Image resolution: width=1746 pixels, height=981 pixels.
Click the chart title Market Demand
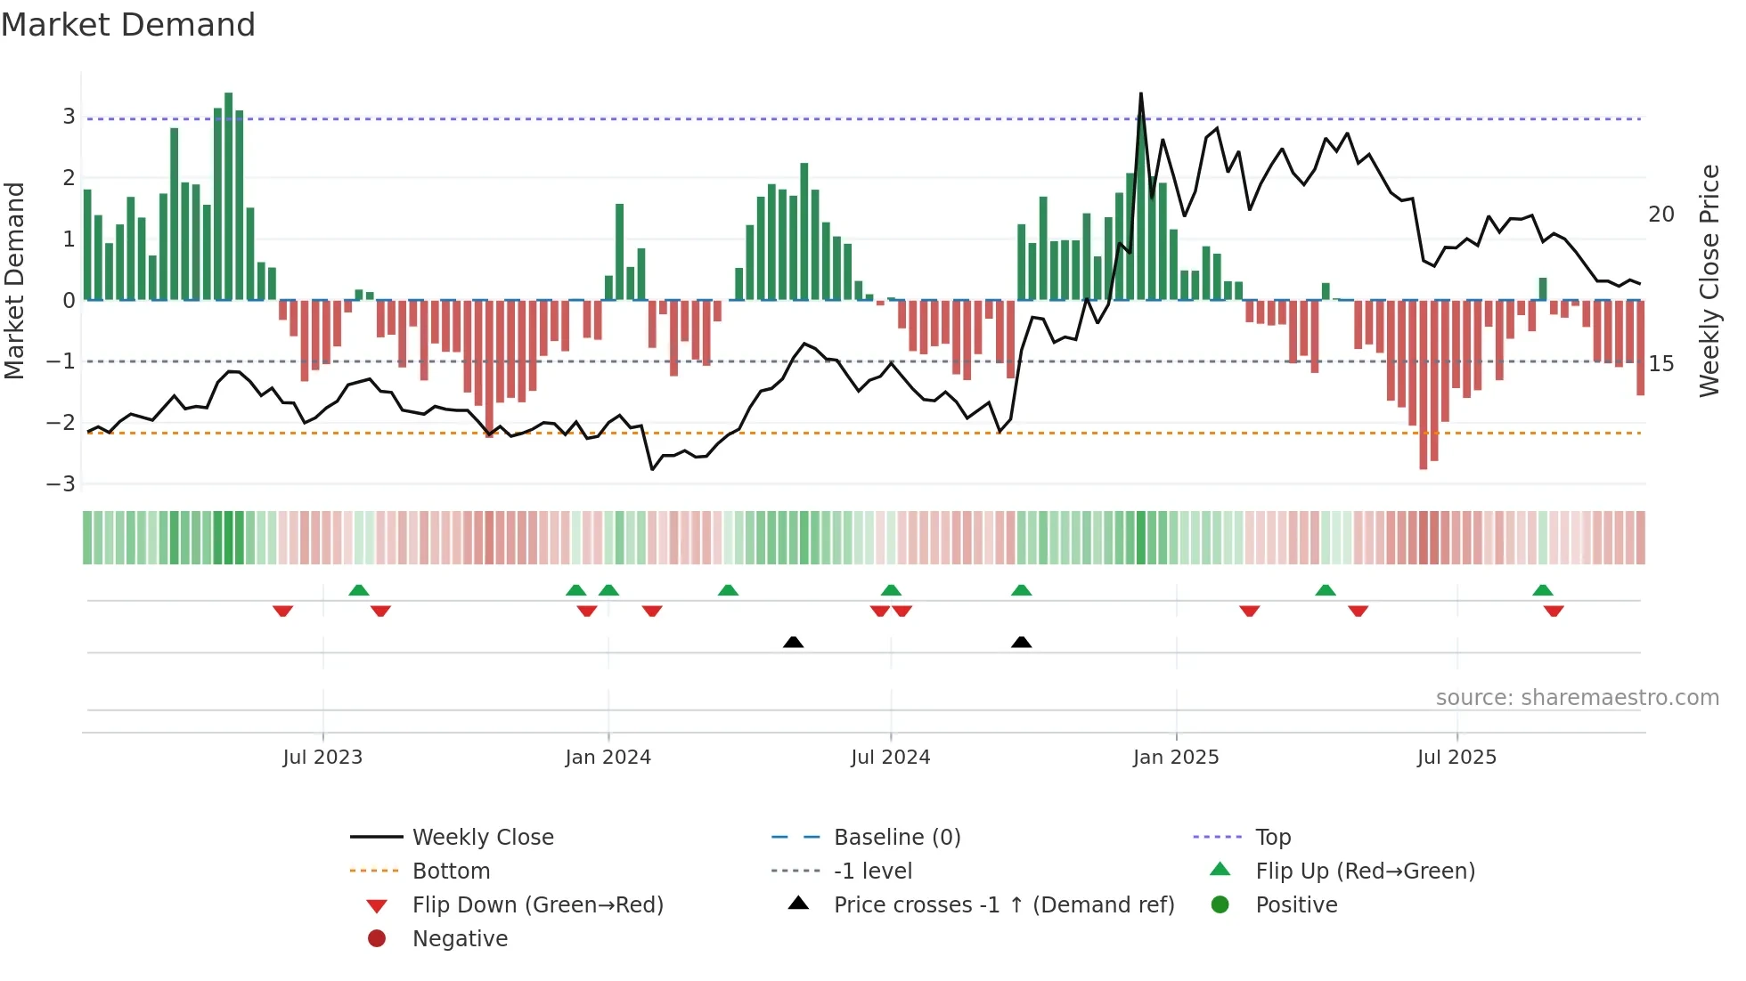point(128,25)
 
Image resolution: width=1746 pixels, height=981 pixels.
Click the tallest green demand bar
point(229,196)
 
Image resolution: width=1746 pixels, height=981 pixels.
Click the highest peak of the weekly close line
point(1141,94)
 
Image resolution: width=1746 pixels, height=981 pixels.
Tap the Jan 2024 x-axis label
point(608,758)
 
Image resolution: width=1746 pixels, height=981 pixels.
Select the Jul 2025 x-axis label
point(1456,758)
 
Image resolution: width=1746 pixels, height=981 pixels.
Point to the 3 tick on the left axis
point(69,117)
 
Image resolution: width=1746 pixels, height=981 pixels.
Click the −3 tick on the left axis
point(61,484)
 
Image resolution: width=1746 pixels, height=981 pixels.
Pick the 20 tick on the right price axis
point(1661,215)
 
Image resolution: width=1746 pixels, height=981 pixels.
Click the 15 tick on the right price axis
point(1661,364)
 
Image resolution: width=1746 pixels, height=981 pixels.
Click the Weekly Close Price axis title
point(1709,280)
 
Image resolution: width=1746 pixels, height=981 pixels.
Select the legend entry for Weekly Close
point(482,838)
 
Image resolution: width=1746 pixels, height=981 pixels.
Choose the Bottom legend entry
point(451,872)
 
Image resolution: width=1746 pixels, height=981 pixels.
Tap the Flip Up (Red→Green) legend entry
point(1365,872)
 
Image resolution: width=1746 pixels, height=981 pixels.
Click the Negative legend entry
point(460,939)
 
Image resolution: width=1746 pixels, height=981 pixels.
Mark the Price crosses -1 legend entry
point(1003,905)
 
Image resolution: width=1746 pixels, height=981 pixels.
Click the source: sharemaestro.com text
point(1577,698)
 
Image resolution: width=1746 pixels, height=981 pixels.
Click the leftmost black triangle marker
point(793,642)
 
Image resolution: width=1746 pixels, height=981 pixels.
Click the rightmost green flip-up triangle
point(1543,590)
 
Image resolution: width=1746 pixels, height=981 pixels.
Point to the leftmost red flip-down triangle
point(282,611)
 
